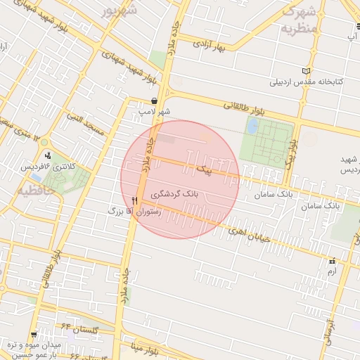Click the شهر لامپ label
tap(155, 111)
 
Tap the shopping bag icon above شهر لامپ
tap(154, 101)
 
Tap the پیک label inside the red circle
tap(202, 170)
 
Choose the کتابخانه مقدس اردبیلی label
tap(307, 82)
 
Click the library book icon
tap(305, 71)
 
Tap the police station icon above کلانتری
tap(48, 155)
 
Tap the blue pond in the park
tap(252, 127)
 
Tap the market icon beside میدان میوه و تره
tap(34, 335)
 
